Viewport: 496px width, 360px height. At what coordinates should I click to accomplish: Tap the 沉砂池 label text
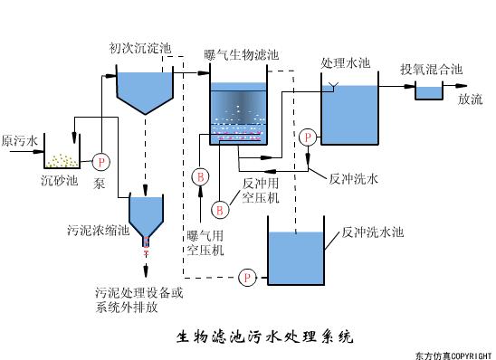click(x=60, y=180)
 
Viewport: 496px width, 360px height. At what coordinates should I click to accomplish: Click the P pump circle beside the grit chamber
click(x=100, y=161)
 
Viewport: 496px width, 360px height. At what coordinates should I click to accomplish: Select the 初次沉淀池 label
click(x=140, y=47)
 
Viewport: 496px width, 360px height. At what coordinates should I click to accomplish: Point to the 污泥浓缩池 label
click(x=99, y=231)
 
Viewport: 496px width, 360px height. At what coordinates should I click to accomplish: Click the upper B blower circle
click(x=202, y=175)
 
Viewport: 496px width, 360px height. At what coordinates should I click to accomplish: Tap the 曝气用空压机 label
click(x=205, y=243)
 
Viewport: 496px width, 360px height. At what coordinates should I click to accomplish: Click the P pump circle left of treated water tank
click(x=309, y=137)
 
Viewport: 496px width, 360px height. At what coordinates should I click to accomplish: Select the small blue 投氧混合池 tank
click(x=427, y=91)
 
